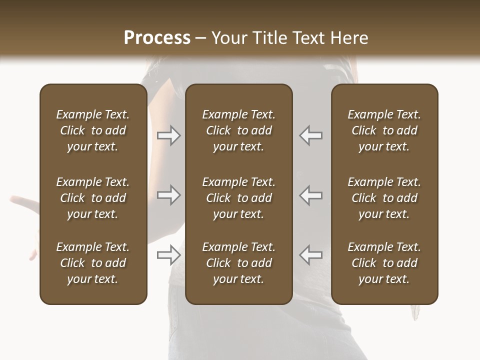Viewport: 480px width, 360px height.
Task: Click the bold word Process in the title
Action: click(x=157, y=38)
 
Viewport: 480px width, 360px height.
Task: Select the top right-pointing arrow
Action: click(x=169, y=135)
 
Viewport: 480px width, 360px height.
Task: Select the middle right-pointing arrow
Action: click(x=169, y=195)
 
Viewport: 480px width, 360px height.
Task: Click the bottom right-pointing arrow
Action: click(x=169, y=254)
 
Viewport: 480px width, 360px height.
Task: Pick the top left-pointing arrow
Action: click(x=311, y=135)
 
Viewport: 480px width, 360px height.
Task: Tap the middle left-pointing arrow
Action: click(x=311, y=195)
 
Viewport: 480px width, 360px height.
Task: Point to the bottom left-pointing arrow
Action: click(x=311, y=254)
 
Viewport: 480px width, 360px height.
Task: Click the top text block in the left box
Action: click(x=93, y=130)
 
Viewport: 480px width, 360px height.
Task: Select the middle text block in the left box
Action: click(x=93, y=198)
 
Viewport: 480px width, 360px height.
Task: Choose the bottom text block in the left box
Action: click(x=93, y=263)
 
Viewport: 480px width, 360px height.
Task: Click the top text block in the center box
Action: click(x=239, y=130)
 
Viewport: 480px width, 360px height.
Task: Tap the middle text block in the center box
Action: click(x=239, y=198)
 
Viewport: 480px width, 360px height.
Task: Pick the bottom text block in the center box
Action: click(x=239, y=263)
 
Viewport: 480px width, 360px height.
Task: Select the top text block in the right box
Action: click(x=384, y=130)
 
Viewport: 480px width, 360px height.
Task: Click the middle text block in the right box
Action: click(x=384, y=198)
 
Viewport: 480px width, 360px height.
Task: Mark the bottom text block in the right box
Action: click(x=384, y=263)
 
